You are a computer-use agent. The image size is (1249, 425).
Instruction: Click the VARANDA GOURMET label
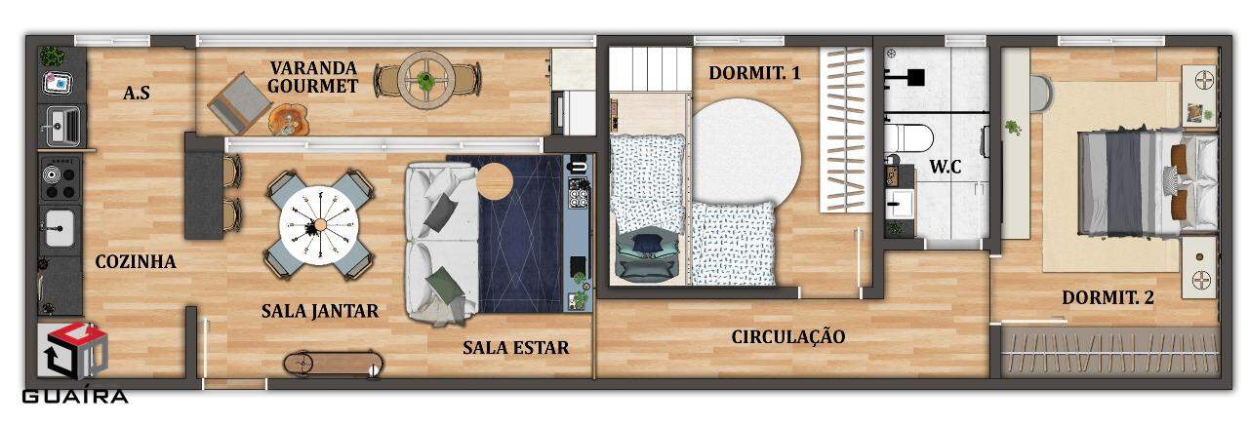click(313, 77)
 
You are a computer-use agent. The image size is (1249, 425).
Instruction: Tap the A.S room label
click(137, 93)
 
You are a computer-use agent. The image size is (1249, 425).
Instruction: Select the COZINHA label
click(136, 261)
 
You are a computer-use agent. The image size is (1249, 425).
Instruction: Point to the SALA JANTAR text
click(320, 311)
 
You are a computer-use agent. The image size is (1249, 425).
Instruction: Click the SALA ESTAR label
click(516, 348)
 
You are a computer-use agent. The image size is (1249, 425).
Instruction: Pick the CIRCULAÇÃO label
click(787, 336)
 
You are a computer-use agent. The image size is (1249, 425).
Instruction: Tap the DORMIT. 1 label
click(754, 73)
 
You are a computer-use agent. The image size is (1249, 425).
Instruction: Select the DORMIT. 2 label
click(1108, 297)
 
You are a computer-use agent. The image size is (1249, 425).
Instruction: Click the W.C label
click(946, 167)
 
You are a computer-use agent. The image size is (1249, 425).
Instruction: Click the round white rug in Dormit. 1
click(746, 151)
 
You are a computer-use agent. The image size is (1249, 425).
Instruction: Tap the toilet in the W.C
click(907, 138)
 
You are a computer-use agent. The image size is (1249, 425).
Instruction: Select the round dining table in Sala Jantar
click(319, 224)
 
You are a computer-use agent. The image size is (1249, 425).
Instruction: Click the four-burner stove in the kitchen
click(60, 178)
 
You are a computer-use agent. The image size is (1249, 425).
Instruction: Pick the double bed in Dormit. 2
click(1148, 183)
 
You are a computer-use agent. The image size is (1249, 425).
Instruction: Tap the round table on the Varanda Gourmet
click(426, 80)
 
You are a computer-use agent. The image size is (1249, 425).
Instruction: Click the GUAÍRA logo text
click(75, 397)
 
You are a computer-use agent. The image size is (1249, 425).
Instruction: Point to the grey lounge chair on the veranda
click(240, 103)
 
